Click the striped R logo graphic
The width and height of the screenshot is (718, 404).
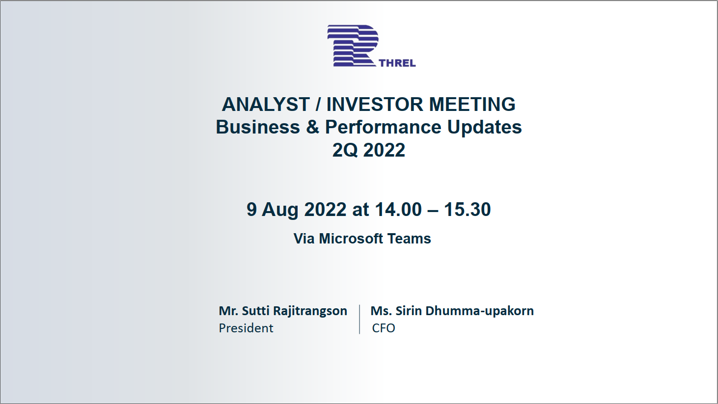[353, 46]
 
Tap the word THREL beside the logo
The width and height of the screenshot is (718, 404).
[397, 63]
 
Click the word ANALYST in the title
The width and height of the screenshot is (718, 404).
[266, 105]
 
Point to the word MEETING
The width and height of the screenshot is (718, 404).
[472, 105]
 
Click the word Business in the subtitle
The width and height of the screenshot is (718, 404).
[258, 127]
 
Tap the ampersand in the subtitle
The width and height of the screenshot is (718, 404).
[312, 127]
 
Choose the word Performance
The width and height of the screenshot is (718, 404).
[383, 127]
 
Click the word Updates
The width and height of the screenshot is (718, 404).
[484, 128]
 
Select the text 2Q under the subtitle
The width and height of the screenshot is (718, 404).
[345, 150]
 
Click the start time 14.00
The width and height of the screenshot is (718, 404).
[398, 210]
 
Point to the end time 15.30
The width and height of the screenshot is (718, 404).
[468, 210]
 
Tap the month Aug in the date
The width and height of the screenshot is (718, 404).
[280, 210]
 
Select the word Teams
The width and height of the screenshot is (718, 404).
[409, 239]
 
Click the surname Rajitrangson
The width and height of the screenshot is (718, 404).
[310, 311]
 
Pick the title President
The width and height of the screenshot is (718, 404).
[246, 328]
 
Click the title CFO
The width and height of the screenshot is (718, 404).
[384, 328]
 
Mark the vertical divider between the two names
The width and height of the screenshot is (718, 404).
[359, 320]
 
